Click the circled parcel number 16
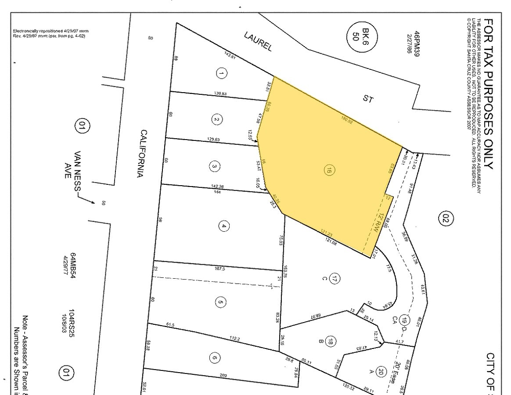pos(328,171)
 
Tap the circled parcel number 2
pos(216,119)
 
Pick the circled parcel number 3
pos(214,166)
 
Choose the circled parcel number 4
pos(224,226)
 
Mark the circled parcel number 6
pos(214,358)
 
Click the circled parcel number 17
pos(335,278)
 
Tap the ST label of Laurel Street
pos(368,99)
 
